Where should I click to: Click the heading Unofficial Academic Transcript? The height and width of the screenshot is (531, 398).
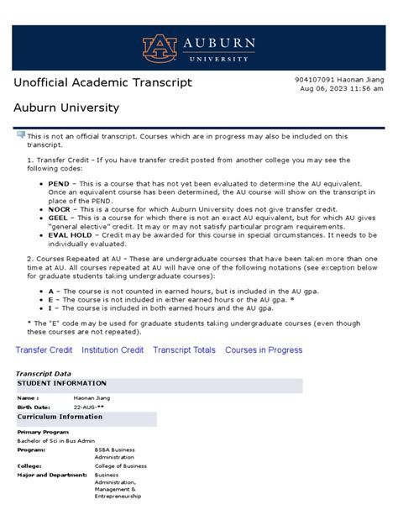pyautogui.click(x=103, y=82)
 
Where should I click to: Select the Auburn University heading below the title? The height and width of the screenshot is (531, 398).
pyautogui.click(x=66, y=108)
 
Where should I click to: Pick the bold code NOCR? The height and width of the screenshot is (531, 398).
pyautogui.click(x=60, y=208)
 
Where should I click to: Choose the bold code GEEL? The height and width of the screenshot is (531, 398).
pyautogui.click(x=59, y=216)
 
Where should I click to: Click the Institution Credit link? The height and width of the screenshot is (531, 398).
pyautogui.click(x=112, y=350)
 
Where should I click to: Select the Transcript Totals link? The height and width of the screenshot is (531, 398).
pyautogui.click(x=184, y=350)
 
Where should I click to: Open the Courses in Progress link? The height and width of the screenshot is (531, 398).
pyautogui.click(x=264, y=350)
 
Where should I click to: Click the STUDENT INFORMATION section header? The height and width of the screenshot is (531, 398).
pyautogui.click(x=58, y=383)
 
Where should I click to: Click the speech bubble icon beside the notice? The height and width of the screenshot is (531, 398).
pyautogui.click(x=20, y=134)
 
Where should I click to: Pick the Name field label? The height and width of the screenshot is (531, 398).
pyautogui.click(x=28, y=398)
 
